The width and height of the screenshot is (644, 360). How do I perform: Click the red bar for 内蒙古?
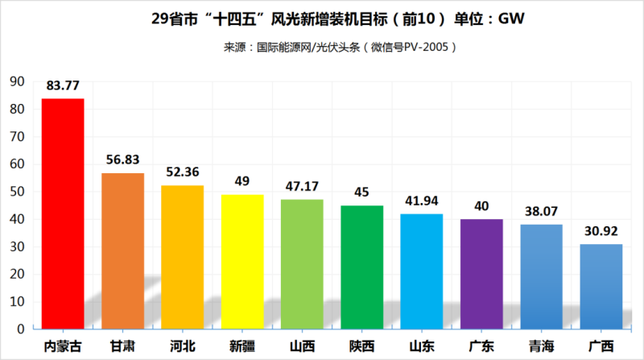pos(63,213)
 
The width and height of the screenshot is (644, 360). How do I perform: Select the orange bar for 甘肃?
pos(122,250)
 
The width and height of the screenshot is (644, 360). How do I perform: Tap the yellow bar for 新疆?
pos(242,262)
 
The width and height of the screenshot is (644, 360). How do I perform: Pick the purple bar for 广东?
pos(481,274)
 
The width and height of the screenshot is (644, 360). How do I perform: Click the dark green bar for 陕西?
pos(361,267)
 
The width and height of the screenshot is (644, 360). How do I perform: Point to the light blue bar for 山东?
pos(421,271)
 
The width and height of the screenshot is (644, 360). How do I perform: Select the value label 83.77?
pos(63,85)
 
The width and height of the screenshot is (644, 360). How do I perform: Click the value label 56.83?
pos(122,159)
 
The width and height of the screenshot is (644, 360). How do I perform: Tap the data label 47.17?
pos(302,186)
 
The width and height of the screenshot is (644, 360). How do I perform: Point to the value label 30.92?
pos(601,230)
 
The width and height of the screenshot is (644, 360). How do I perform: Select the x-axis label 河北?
pos(182,346)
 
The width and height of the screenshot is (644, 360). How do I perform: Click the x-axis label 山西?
pos(302,346)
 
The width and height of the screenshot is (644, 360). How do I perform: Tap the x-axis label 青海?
pos(541,346)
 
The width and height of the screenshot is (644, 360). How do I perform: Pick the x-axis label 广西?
pos(601,346)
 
